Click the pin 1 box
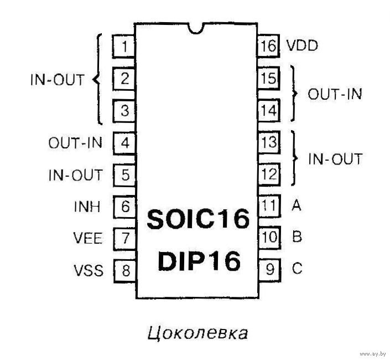pos(123,47)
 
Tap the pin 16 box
pos(268,46)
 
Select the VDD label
pos(302,45)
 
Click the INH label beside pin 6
pos(87,207)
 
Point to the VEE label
pos(87,238)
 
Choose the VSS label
pos(89,270)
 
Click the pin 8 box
pos(125,271)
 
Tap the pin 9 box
pos(270,269)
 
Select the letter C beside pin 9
pos(297,269)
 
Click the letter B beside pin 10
pos(297,236)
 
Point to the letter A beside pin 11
pos(296,205)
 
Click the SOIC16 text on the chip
pos(198,219)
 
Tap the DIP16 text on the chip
pos(199,261)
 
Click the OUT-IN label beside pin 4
pos(75,143)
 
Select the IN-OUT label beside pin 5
pos(75,175)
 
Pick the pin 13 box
pos(269,142)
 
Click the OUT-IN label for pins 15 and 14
pos(335,94)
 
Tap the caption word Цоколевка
pos(197,333)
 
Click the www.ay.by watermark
pos(373,354)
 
